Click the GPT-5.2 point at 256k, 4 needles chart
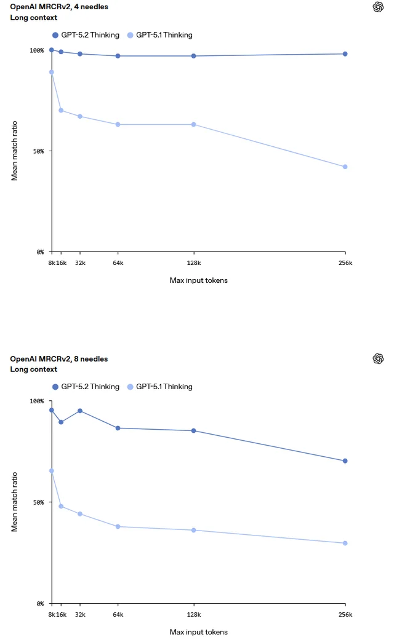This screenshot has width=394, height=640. [345, 54]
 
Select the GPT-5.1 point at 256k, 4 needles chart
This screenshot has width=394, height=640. [345, 167]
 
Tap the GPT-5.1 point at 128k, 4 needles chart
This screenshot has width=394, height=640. [194, 124]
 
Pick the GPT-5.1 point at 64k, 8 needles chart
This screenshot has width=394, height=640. [118, 526]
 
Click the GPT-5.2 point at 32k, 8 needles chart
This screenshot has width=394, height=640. [80, 411]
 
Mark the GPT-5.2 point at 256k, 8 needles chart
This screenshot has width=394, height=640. [345, 460]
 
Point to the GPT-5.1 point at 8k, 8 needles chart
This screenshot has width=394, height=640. [52, 470]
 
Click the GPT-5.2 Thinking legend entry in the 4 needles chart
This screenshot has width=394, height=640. [86, 35]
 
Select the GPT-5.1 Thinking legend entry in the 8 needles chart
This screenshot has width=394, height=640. [159, 387]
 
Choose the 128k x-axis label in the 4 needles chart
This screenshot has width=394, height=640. [194, 263]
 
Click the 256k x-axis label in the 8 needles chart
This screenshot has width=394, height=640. [345, 614]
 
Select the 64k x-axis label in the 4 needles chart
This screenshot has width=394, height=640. [118, 263]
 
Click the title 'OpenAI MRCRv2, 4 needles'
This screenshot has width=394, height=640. [59, 7]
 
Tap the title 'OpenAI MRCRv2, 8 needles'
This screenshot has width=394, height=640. [59, 358]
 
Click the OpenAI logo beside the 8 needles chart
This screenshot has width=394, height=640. [378, 358]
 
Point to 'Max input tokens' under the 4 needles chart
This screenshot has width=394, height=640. [198, 280]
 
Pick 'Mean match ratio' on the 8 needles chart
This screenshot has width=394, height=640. [14, 502]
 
